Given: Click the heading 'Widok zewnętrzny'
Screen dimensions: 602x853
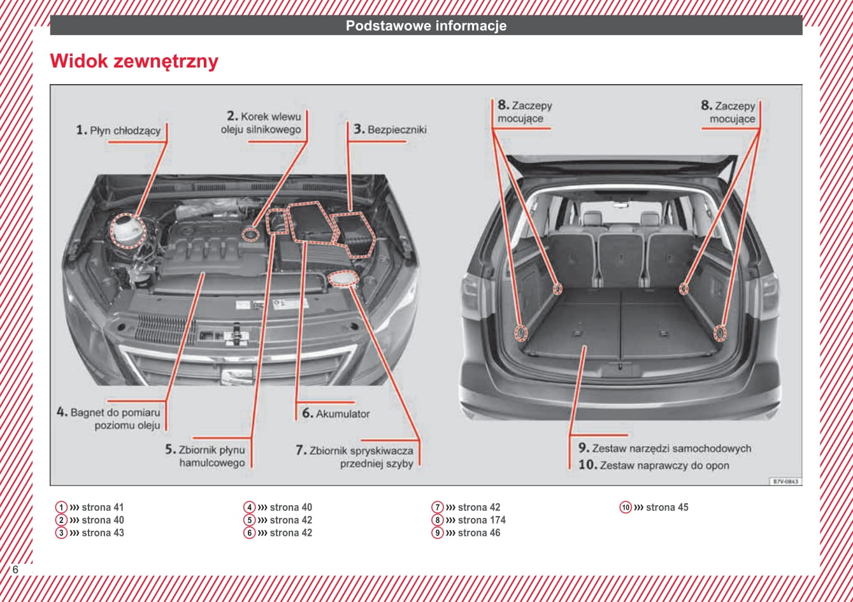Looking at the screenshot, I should [x=134, y=61].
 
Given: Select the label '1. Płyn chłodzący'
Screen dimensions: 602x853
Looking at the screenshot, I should [x=118, y=131].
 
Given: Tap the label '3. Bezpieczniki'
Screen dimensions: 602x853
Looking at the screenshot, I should [x=390, y=129].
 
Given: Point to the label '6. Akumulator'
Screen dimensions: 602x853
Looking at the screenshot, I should [x=336, y=413].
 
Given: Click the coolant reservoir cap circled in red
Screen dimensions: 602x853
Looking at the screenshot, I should [x=127, y=230].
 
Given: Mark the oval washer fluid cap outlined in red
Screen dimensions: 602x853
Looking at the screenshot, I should [x=344, y=279].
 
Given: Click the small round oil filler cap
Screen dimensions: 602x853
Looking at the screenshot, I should [x=251, y=234].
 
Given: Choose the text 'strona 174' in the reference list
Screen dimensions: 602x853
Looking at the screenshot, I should [x=482, y=520].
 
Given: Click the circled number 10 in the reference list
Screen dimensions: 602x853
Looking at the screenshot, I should [x=626, y=508].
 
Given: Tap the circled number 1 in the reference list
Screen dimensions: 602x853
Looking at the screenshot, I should [x=61, y=508].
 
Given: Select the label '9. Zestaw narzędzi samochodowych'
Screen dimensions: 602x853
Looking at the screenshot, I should [x=664, y=448].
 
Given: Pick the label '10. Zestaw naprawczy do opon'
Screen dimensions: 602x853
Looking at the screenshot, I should [x=654, y=466].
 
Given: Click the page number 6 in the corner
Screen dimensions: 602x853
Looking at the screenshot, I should [x=15, y=570].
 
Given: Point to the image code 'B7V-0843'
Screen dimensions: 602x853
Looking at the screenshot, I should [x=785, y=482].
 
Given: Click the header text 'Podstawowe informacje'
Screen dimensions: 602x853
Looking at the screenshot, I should [x=426, y=26].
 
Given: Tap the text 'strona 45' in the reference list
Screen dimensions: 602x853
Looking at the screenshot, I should [x=667, y=508].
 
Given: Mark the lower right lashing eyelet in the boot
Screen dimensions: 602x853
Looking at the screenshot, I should [x=720, y=333].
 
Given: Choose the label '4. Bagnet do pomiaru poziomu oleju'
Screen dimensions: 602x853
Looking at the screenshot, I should [x=110, y=419].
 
